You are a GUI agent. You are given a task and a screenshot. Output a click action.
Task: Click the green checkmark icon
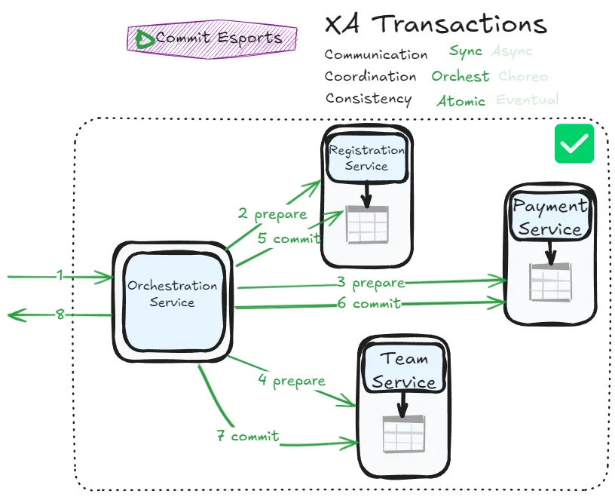coord(574,143)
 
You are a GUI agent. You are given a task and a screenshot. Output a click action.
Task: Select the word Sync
coord(465,52)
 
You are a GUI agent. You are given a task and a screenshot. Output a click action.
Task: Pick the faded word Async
coord(512,52)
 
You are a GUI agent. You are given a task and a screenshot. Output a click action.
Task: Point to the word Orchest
coord(460,76)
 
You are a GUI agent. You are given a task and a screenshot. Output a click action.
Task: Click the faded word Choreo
coord(523,76)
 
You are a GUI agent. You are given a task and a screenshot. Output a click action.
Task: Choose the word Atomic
coord(460,100)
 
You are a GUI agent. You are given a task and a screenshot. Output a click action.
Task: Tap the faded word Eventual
coord(528,100)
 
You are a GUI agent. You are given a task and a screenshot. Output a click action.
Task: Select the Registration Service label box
coord(366,158)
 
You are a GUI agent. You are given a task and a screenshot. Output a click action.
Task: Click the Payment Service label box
coord(549,217)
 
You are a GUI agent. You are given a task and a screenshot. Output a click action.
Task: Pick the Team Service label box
coord(403,370)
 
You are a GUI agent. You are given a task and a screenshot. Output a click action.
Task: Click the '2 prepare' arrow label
coord(273,214)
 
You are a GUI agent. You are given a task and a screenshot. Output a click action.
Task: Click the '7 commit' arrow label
coord(248,436)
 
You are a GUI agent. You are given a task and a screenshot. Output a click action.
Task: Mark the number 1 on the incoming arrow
coord(60,276)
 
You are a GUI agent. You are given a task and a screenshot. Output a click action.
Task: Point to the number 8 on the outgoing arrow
coord(60,314)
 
